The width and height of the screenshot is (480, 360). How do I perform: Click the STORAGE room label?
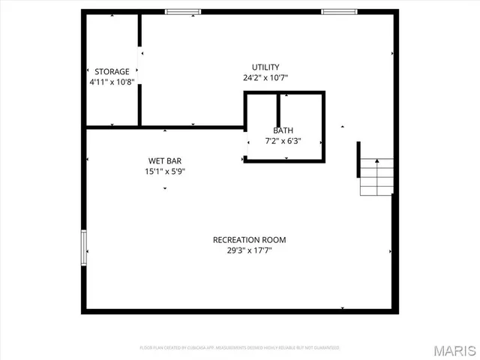point(112,72)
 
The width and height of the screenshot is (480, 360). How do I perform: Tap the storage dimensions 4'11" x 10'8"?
point(112,82)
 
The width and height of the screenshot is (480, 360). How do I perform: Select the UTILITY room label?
point(265,67)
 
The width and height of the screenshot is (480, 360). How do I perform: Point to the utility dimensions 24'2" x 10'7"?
point(265,77)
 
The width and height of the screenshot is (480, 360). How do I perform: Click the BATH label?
point(283,130)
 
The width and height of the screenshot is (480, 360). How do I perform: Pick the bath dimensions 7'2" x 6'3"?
point(283,140)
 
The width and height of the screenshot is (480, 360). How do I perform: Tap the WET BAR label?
point(165,161)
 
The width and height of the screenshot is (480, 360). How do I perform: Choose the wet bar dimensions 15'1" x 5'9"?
point(165,172)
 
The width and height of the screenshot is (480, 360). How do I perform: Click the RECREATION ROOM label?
point(249,240)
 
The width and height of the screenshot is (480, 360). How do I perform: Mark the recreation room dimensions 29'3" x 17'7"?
point(249,250)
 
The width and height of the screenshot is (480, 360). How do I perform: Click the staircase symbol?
point(376,177)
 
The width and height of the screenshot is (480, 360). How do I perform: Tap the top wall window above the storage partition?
point(183,11)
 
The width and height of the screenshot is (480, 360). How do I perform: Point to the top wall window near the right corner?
point(339,11)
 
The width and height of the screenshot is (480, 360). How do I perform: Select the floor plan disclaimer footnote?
point(240,348)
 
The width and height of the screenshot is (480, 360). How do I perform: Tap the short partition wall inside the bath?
point(279,108)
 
